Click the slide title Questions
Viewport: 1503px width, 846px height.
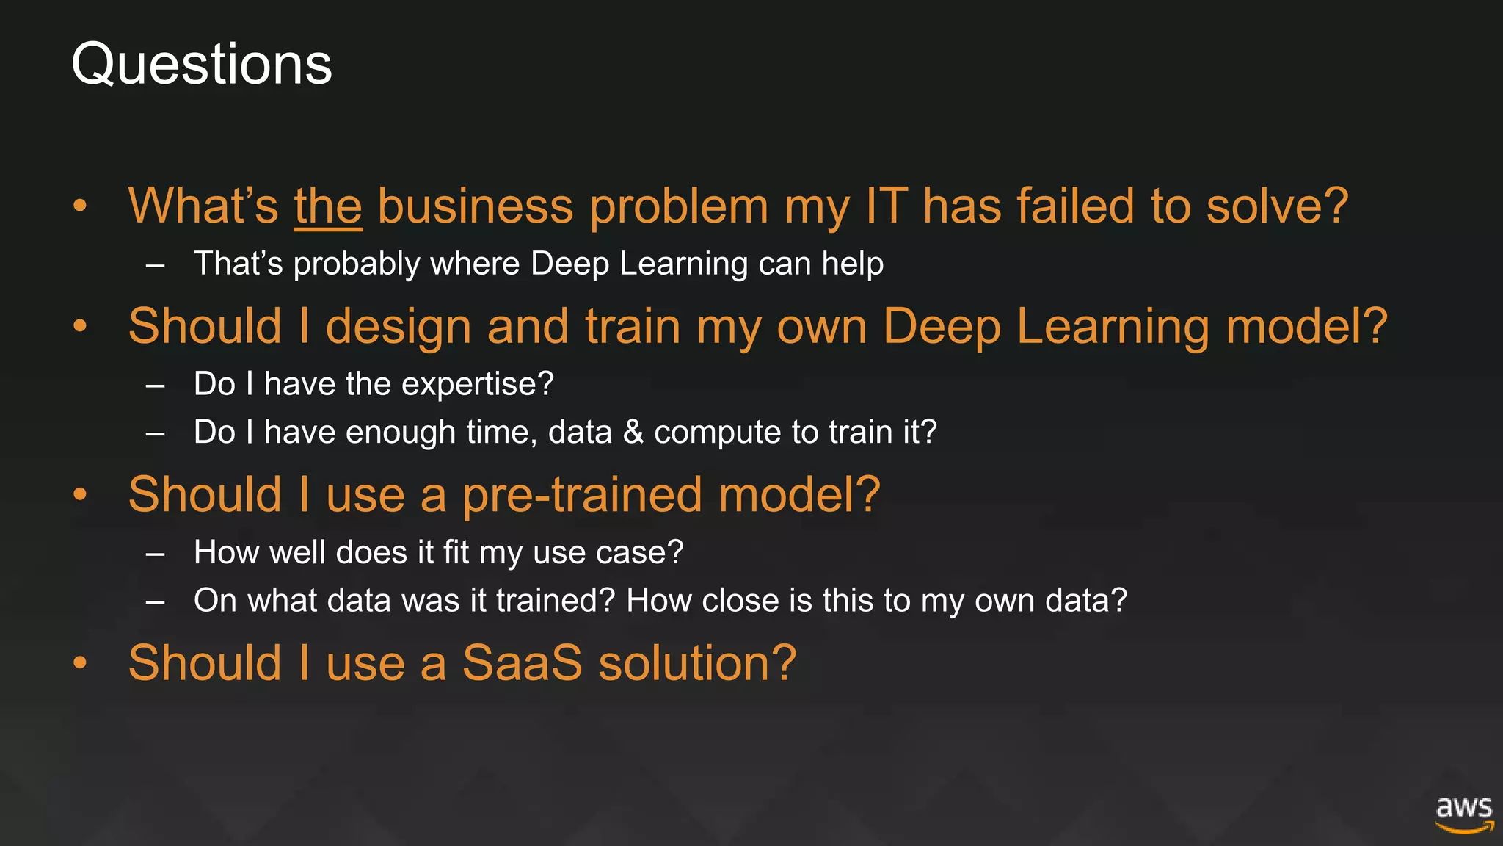coord(202,65)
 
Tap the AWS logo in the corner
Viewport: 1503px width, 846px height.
coord(1464,814)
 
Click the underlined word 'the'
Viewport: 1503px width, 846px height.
coord(328,206)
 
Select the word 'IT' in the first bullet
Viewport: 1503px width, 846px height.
coord(886,206)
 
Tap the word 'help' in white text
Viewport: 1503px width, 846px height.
coord(852,263)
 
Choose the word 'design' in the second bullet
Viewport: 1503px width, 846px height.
coord(398,328)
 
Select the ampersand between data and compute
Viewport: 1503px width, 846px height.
coord(633,433)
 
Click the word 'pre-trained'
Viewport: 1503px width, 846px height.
coord(583,496)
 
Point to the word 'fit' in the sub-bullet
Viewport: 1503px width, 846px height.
coord(456,552)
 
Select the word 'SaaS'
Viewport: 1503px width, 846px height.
coord(522,663)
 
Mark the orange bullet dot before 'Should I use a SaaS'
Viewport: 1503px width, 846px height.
coord(80,662)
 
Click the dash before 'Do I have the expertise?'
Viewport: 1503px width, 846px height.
coord(155,386)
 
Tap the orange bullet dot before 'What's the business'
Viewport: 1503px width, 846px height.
coord(80,206)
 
